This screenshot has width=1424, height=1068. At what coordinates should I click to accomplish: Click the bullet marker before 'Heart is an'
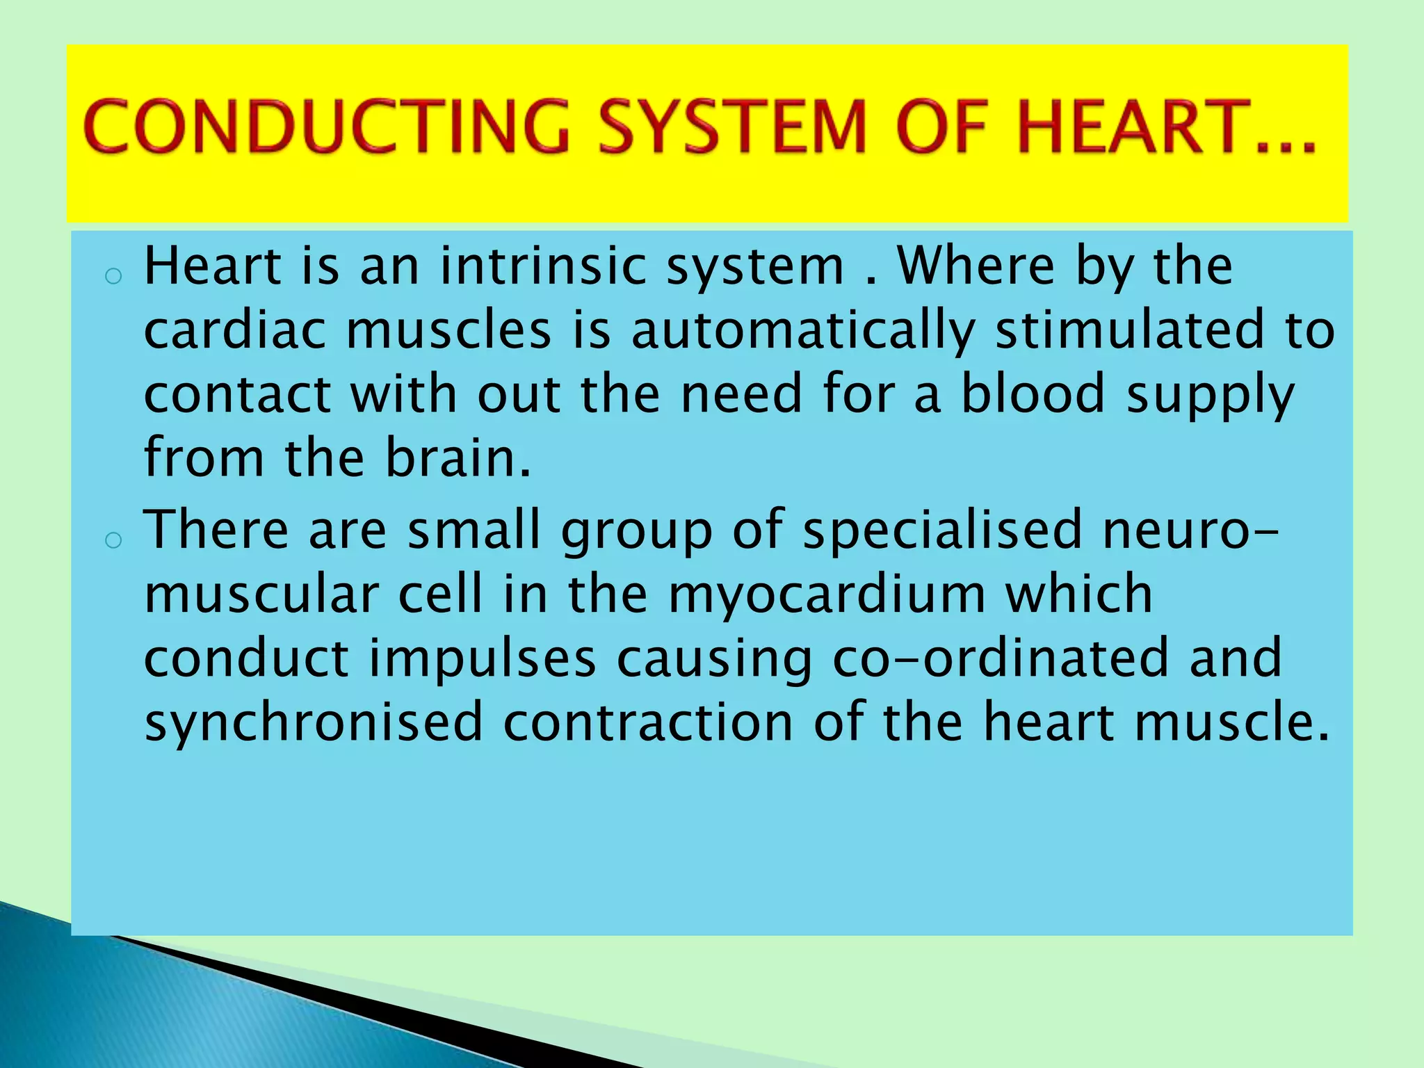113,277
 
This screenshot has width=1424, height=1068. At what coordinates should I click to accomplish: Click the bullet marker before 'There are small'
113,540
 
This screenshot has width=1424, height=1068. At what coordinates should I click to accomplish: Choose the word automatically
803,331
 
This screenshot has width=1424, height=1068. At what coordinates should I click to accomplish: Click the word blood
1033,394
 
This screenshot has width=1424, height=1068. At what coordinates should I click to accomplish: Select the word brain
458,458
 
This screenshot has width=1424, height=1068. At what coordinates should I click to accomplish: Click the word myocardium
827,595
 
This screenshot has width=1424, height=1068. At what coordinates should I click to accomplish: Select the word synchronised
314,723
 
